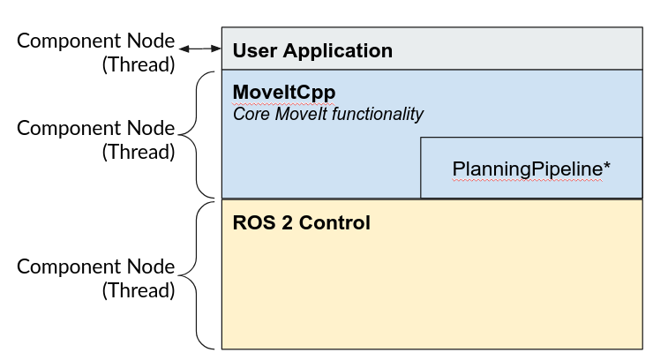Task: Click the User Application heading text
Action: (312, 50)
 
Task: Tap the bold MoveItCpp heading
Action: (284, 92)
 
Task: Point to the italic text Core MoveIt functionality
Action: (328, 114)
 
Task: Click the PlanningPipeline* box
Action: (531, 168)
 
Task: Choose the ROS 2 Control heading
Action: (301, 222)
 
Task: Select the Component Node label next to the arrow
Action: (96, 41)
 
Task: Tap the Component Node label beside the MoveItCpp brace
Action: (96, 128)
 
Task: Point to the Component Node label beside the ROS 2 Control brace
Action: (96, 266)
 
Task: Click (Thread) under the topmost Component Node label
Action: (139, 65)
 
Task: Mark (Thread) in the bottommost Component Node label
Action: (139, 290)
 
